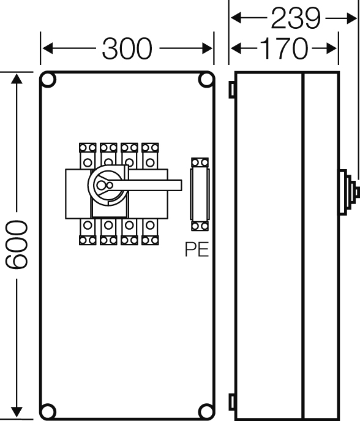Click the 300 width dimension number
(x=127, y=48)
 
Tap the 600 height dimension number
(x=17, y=245)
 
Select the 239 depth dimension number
(x=296, y=18)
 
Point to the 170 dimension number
(x=284, y=48)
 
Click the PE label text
(x=197, y=249)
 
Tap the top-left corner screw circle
(x=48, y=80)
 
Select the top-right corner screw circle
(x=206, y=80)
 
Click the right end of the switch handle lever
(x=181, y=185)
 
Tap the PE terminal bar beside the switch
(x=200, y=194)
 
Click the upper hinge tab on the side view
(x=232, y=89)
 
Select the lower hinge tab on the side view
(x=232, y=402)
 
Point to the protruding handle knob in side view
(x=348, y=192)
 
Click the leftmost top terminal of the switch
(x=88, y=156)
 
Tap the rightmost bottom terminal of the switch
(x=150, y=232)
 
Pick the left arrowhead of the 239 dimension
(x=236, y=18)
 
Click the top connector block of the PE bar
(x=200, y=163)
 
